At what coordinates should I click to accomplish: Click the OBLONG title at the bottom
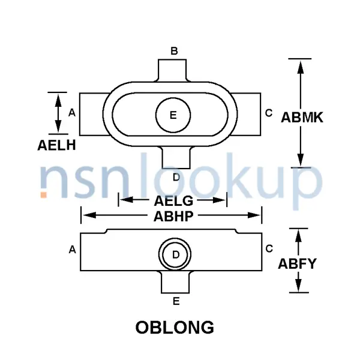[x=174, y=328]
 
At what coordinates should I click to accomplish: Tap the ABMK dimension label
[x=302, y=118]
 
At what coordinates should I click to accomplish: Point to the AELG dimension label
[x=173, y=200]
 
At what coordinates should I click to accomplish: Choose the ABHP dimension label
[x=173, y=215]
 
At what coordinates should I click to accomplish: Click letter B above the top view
[x=174, y=51]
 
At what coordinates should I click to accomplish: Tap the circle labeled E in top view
[x=173, y=115]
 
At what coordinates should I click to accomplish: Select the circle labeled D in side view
[x=176, y=254]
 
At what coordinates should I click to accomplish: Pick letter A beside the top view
[x=71, y=112]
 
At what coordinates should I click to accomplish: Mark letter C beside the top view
[x=268, y=112]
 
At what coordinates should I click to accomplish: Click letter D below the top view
[x=175, y=177]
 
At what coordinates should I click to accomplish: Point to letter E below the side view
[x=176, y=301]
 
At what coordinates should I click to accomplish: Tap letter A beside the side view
[x=72, y=249]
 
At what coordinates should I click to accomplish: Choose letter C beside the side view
[x=269, y=248]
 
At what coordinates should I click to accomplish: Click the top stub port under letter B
[x=174, y=70]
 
